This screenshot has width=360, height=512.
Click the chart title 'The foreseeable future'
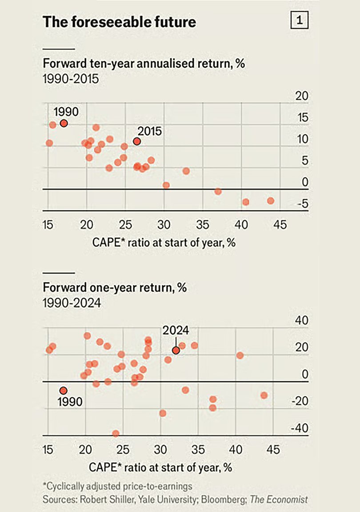coord(120,22)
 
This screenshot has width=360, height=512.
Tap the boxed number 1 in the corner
coord(299,21)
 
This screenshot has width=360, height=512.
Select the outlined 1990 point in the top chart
coord(64,123)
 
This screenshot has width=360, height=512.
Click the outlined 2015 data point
coord(137,141)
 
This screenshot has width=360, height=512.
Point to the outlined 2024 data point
coord(176,350)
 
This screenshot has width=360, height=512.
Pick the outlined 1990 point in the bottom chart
coord(64,390)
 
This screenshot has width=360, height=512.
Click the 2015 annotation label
coord(149,131)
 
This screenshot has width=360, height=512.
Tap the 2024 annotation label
coord(176,331)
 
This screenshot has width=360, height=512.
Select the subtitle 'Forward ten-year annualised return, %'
coord(144,64)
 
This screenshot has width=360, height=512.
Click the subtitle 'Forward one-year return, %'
coord(115,287)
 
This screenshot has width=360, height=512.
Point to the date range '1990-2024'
coord(72,304)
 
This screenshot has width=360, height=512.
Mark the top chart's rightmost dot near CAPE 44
coord(271,201)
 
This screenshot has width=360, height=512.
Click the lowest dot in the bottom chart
coord(116,433)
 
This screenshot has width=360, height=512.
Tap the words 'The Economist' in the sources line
coord(279,500)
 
